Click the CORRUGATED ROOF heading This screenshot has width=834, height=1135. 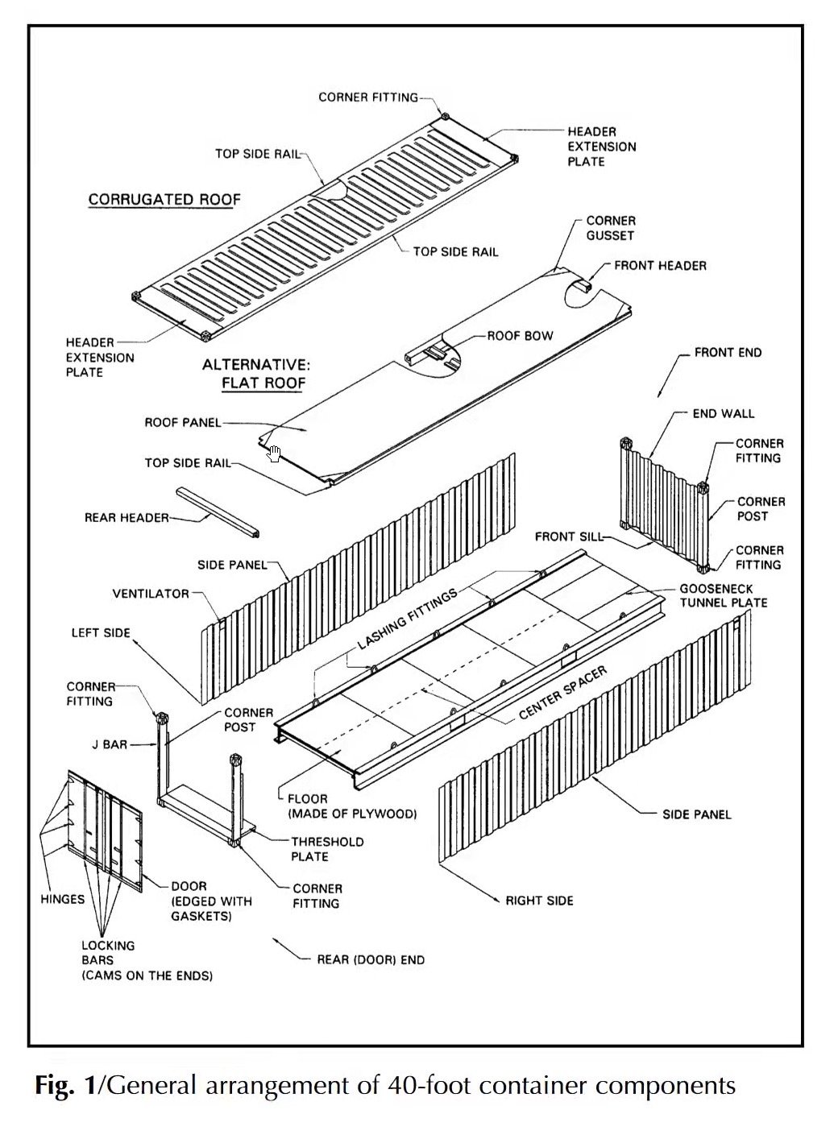coord(164,200)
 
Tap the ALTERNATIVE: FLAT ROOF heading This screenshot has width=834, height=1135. coord(255,374)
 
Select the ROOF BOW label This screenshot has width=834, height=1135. coord(520,335)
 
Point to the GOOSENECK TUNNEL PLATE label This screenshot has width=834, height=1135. coord(723,595)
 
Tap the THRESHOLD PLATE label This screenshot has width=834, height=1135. coord(327,849)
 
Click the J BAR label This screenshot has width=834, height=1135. coord(110,745)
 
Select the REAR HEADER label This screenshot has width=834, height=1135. coord(127,517)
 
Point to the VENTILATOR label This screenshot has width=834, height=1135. coord(151,594)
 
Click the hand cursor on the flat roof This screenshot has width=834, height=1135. coord(275,454)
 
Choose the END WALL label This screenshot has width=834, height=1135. coord(724,413)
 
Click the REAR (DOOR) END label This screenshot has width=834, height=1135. coord(370,959)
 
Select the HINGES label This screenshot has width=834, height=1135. coord(62,899)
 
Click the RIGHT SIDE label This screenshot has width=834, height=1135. coord(539,900)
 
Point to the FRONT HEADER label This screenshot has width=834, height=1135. coord(660,265)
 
